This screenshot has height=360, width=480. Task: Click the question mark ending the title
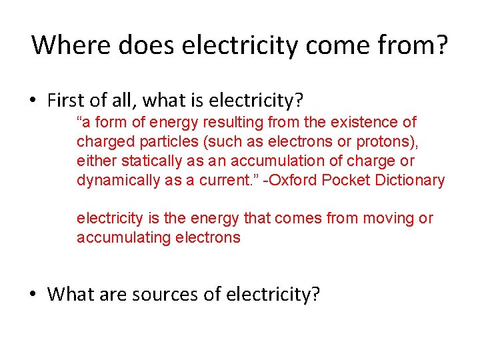tap(442, 45)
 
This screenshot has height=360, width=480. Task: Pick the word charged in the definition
tap(103, 141)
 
